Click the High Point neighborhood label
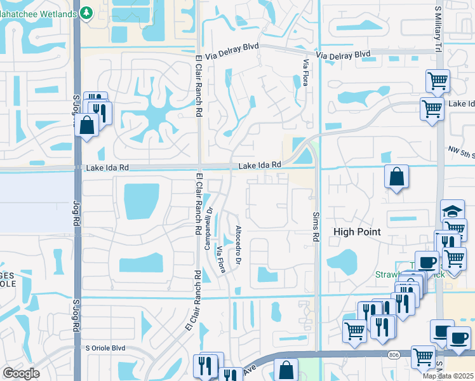(x=358, y=232)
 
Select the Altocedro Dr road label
(x=239, y=245)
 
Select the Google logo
(x=20, y=373)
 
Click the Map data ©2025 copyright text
(x=448, y=376)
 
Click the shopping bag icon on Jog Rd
(x=86, y=124)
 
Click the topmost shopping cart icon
(x=438, y=81)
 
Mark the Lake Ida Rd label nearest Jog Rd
(x=107, y=168)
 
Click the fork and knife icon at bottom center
(x=205, y=366)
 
